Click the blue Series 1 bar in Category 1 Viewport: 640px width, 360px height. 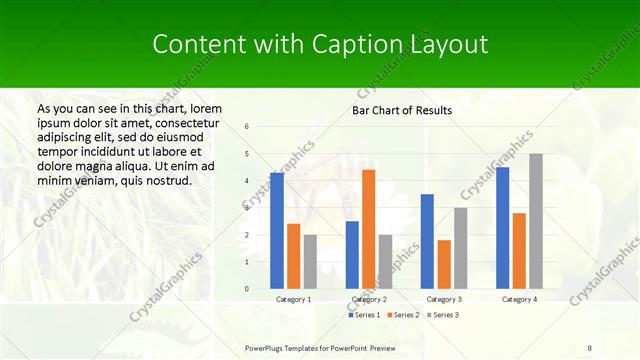coord(277,231)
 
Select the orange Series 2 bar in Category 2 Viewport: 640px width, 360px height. coord(369,229)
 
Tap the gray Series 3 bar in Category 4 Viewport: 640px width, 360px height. coord(536,221)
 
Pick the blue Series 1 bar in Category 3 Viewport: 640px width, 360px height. coord(427,241)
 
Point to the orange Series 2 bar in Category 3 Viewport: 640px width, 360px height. coord(444,264)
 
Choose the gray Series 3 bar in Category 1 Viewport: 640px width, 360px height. coord(310,262)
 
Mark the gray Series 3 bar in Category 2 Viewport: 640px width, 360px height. coord(386,262)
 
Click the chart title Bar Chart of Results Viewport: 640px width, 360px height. coord(402,110)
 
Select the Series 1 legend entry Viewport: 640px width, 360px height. coord(364,315)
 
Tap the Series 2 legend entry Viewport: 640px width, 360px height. coord(402,315)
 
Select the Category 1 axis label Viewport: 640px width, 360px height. coord(293,299)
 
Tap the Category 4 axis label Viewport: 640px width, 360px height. coord(518,299)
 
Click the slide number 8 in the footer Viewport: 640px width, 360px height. coord(589,347)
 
